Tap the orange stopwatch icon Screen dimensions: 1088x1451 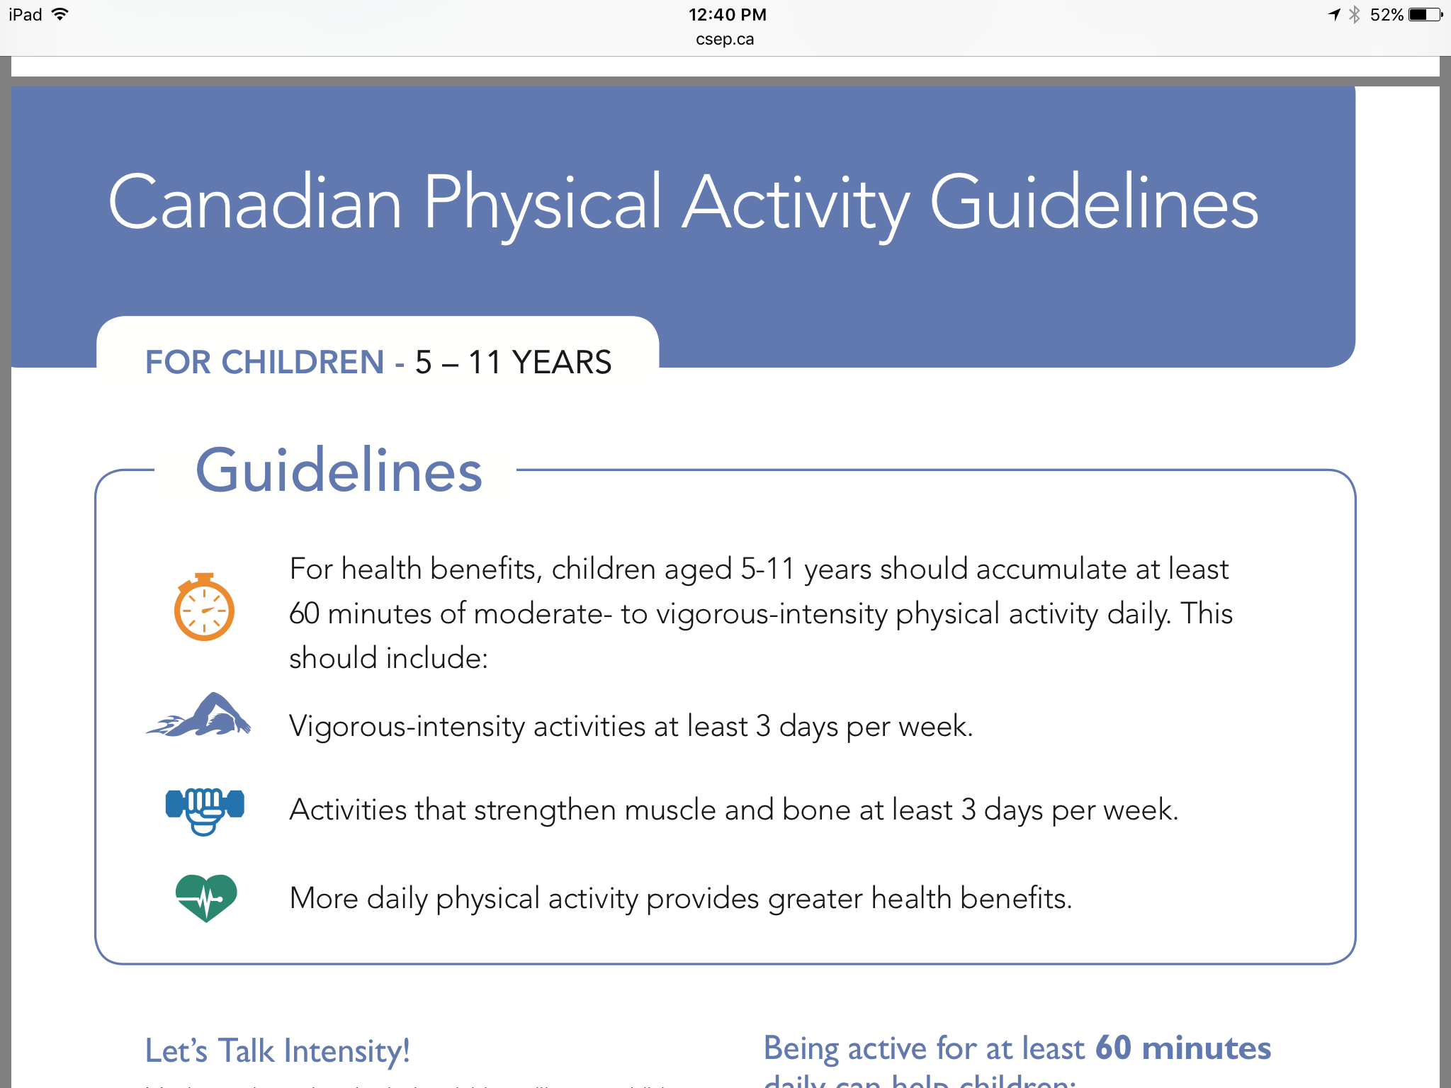point(204,608)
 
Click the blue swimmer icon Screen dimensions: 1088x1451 point(201,716)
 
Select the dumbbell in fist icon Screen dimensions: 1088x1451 point(205,810)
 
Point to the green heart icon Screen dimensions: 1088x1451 point(206,897)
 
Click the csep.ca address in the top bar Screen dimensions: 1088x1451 point(725,40)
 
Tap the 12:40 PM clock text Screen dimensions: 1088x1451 point(727,15)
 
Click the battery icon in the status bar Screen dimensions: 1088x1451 point(1425,15)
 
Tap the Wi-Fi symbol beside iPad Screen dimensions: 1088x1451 point(60,14)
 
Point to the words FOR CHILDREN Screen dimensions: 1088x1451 point(264,363)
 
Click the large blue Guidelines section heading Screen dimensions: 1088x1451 point(339,470)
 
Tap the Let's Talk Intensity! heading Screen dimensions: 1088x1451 point(277,1050)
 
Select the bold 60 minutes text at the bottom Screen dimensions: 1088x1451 point(1182,1048)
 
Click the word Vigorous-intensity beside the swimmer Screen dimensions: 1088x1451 point(407,727)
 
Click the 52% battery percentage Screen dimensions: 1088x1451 point(1386,15)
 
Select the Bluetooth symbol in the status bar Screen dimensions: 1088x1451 point(1355,15)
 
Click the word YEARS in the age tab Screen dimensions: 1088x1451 point(562,363)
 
